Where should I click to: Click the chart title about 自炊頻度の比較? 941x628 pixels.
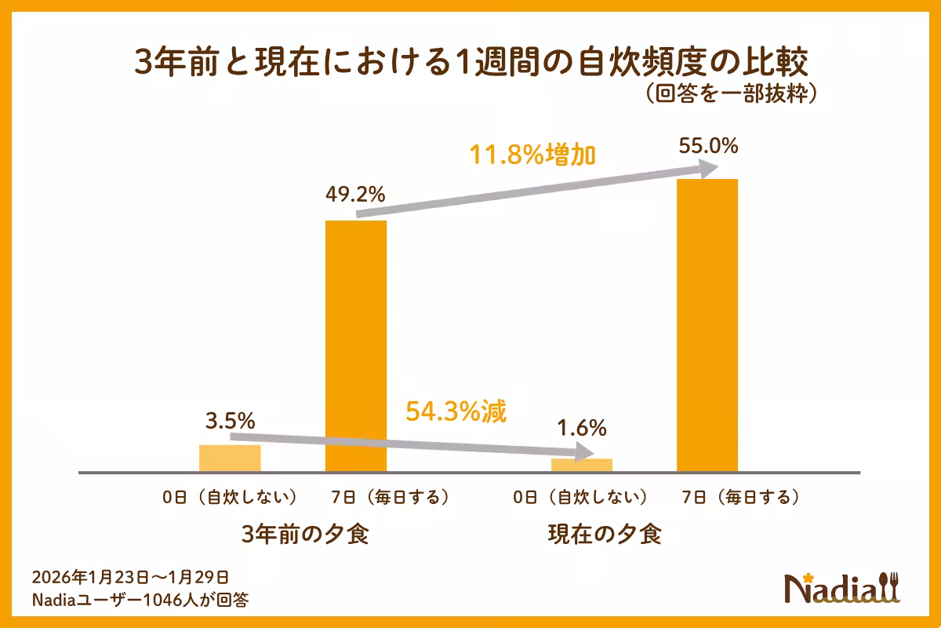pos(470,62)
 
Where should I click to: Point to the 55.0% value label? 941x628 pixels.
pos(707,147)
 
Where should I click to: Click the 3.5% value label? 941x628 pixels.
pos(229,421)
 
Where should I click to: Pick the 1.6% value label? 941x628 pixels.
pos(581,429)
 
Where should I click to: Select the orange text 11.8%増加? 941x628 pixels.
pos(532,155)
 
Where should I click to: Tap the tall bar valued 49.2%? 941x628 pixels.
pos(356,345)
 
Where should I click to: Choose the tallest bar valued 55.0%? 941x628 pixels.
pos(707,325)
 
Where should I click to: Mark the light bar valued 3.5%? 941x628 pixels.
pos(230,458)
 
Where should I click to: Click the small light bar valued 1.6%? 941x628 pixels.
pos(581,465)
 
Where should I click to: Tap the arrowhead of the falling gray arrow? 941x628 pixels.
pos(584,452)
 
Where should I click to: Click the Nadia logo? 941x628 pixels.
pos(843,586)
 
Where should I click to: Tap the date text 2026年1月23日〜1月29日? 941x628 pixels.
pos(130,578)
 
